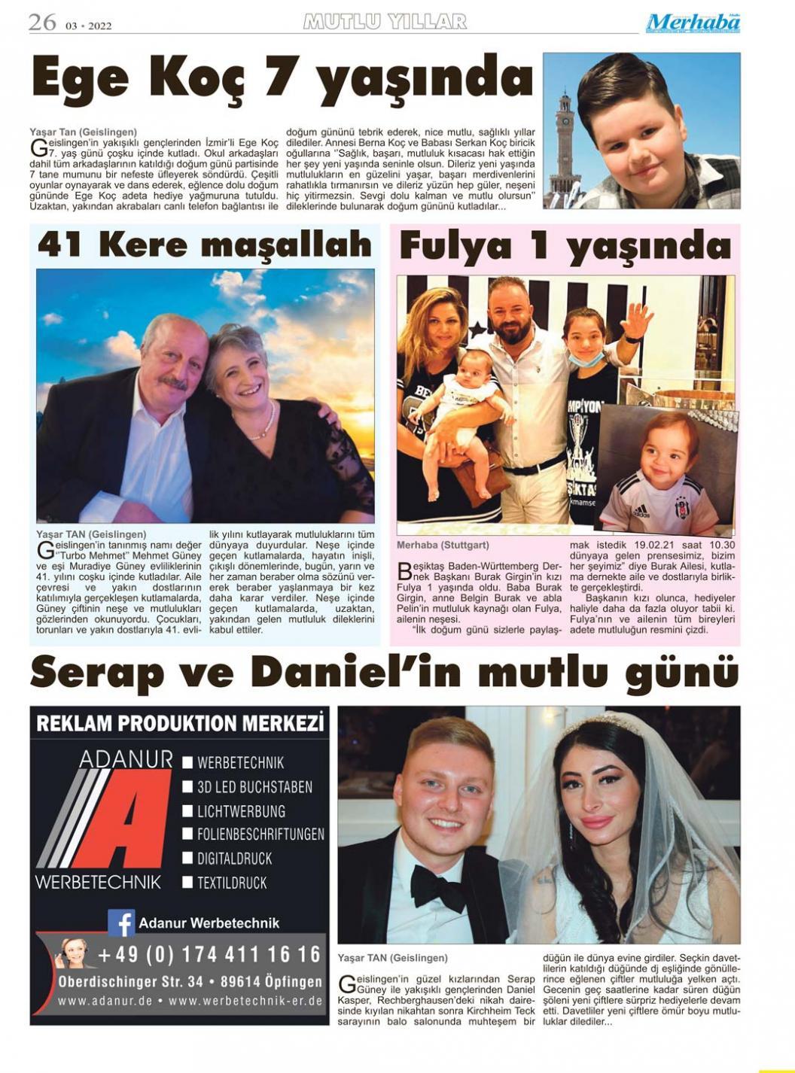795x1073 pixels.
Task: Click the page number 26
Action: click(x=42, y=23)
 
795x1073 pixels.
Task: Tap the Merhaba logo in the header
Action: click(x=693, y=23)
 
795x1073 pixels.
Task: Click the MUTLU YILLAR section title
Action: click(x=385, y=22)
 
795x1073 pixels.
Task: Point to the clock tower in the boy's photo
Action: click(x=565, y=143)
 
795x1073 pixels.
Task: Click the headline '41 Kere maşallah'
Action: click(x=205, y=245)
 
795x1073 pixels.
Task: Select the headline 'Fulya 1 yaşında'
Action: click(x=565, y=246)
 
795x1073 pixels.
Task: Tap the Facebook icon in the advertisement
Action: click(x=121, y=923)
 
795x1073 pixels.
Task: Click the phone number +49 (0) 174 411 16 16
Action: click(x=209, y=955)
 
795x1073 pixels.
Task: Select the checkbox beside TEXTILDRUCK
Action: click(x=188, y=883)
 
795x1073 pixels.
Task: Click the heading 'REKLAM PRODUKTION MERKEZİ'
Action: click(x=180, y=724)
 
